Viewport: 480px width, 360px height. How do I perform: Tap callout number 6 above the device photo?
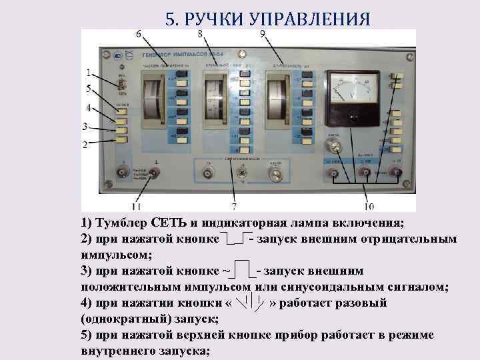pos(138,34)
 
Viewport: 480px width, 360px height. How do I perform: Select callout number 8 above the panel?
pos(201,34)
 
